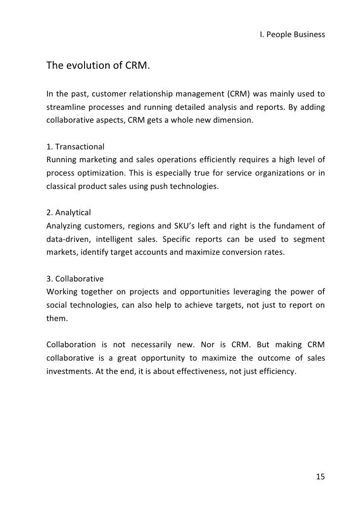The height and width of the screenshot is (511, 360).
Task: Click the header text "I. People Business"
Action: pyautogui.click(x=292, y=35)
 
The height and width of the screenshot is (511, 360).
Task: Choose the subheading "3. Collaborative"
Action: pyautogui.click(x=75, y=279)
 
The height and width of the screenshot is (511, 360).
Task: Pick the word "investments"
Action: pyautogui.click(x=67, y=370)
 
